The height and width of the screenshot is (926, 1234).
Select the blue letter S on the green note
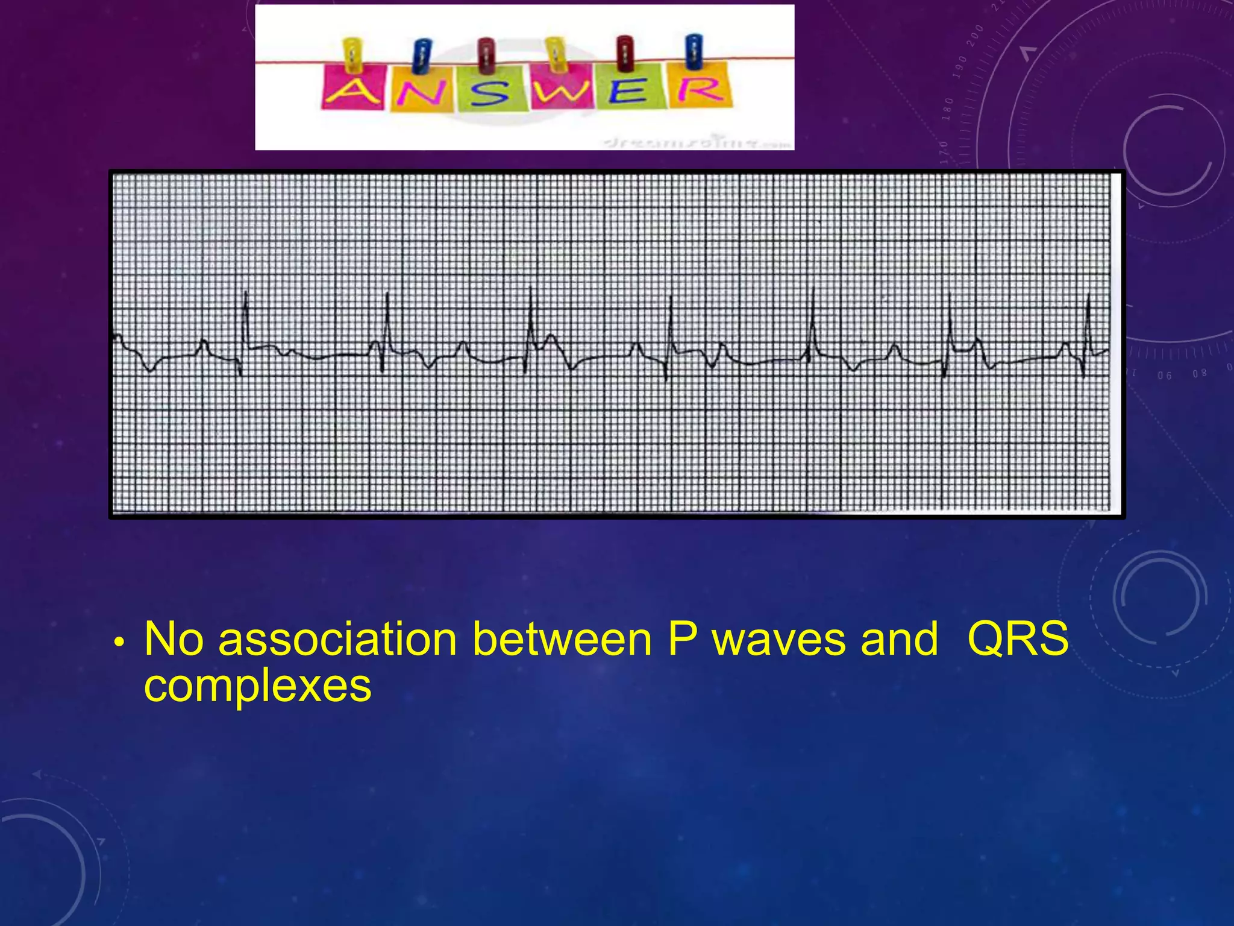click(x=489, y=94)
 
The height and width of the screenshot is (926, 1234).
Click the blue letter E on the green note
click(x=630, y=92)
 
